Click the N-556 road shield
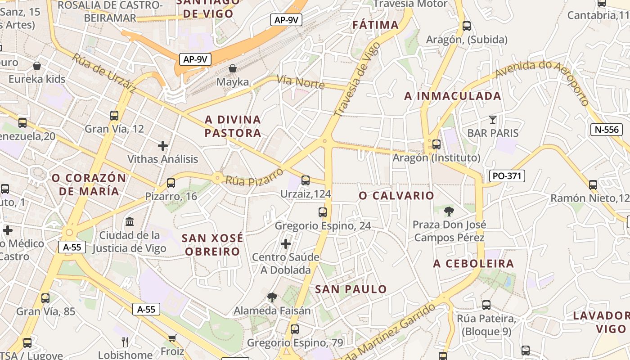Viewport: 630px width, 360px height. pyautogui.click(x=607, y=130)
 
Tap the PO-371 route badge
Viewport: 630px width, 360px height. pyautogui.click(x=507, y=176)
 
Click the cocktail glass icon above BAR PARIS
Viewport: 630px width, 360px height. pyautogui.click(x=493, y=119)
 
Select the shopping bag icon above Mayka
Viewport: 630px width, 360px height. pyautogui.click(x=233, y=68)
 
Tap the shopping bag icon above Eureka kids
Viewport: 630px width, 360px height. pyautogui.click(x=37, y=66)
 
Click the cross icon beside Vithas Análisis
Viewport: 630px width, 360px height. pyautogui.click(x=163, y=145)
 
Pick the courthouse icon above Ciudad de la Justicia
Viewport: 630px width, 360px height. pyautogui.click(x=130, y=221)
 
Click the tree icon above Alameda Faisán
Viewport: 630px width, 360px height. pyautogui.click(x=272, y=297)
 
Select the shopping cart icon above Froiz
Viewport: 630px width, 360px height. pyautogui.click(x=172, y=338)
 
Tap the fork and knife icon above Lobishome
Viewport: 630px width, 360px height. pyautogui.click(x=125, y=342)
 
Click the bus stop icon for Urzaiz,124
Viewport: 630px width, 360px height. pyautogui.click(x=306, y=180)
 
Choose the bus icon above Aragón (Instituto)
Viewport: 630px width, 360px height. pyautogui.click(x=436, y=144)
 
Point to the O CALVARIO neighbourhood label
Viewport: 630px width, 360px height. pyautogui.click(x=396, y=195)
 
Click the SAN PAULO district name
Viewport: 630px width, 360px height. pyautogui.click(x=351, y=289)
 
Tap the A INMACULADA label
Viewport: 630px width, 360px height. pyautogui.click(x=453, y=96)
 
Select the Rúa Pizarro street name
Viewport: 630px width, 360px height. pyautogui.click(x=255, y=175)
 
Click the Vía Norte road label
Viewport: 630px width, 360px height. pyautogui.click(x=301, y=82)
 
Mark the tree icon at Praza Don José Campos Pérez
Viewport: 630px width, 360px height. pyautogui.click(x=449, y=211)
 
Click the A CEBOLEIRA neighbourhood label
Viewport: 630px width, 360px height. pyautogui.click(x=473, y=264)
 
